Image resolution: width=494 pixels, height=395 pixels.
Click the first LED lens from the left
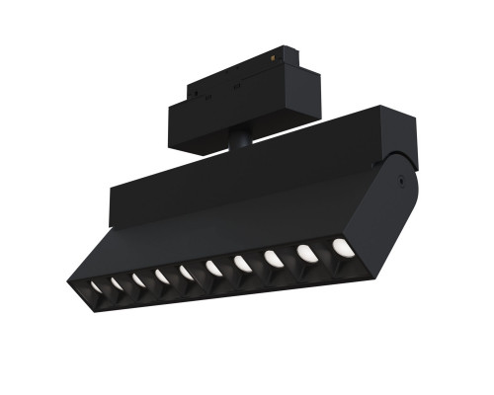click(96, 287)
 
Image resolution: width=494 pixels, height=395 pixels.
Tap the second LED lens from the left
click(116, 283)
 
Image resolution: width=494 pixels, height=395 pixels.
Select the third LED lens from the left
click(137, 279)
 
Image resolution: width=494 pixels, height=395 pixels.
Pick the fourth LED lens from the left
click(161, 276)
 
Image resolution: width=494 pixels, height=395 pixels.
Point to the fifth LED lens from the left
click(186, 272)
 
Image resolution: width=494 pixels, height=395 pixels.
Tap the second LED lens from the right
click(306, 253)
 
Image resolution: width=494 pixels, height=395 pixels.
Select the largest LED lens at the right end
click(342, 247)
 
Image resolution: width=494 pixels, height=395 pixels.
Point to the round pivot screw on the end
click(397, 181)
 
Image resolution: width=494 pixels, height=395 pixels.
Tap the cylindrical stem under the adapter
click(240, 139)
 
